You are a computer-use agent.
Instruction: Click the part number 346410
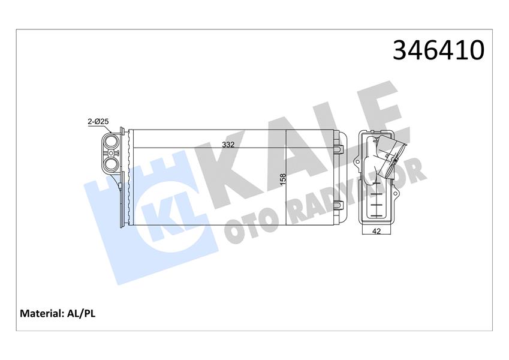click(438, 51)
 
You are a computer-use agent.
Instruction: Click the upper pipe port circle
click(110, 143)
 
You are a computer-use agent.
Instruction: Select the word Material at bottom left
click(41, 313)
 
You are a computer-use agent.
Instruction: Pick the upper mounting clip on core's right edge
click(339, 147)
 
